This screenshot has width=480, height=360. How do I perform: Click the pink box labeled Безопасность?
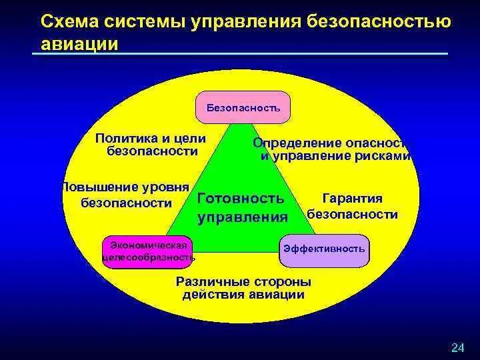[x=243, y=107]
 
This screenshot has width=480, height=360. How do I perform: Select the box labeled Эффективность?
[x=324, y=249]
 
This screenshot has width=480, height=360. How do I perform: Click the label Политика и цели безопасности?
[x=151, y=145]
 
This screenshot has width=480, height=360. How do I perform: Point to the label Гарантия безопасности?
[x=352, y=207]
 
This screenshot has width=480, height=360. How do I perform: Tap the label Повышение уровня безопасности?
[x=125, y=194]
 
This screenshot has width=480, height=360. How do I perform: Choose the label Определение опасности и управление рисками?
[x=332, y=150]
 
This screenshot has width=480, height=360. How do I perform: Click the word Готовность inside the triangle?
[x=241, y=199]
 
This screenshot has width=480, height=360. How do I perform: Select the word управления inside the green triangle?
[x=243, y=217]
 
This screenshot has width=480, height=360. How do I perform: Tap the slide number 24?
[x=457, y=347]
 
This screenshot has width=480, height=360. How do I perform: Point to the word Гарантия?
[x=352, y=199]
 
